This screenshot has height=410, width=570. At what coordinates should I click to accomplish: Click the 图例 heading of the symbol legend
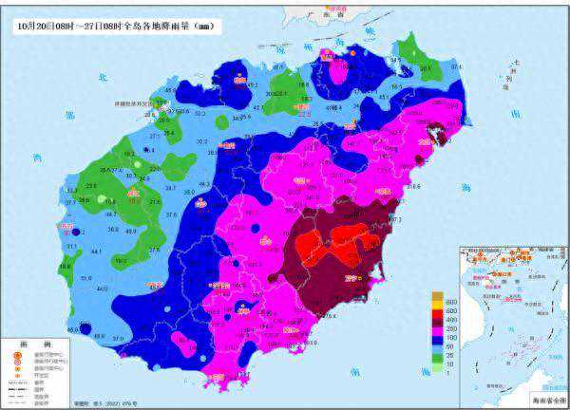click(x=18, y=344)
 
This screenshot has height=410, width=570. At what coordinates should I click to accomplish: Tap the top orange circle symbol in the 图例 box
click(x=16, y=356)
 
